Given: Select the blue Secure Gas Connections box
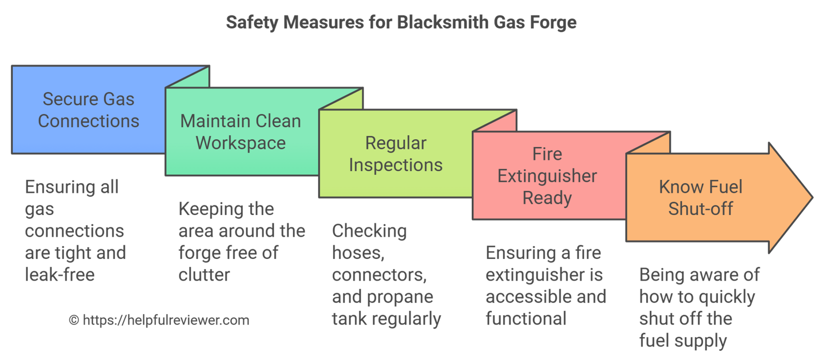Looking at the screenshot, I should [88, 110].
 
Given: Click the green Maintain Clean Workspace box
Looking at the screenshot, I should [240, 131].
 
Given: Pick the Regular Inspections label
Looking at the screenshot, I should [395, 154].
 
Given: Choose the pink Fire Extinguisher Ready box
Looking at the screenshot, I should [547, 176].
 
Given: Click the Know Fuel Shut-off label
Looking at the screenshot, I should [700, 198].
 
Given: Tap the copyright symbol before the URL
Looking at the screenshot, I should [74, 320].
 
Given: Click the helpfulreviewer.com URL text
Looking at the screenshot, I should [166, 320].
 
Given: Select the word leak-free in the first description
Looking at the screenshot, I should [60, 275].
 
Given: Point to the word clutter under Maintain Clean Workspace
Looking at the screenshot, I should [204, 275].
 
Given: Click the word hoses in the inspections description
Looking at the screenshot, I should [357, 253].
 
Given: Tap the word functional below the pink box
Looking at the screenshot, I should [526, 319].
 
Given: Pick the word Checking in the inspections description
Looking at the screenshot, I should [369, 231].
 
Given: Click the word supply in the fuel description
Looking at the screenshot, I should [703, 341].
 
